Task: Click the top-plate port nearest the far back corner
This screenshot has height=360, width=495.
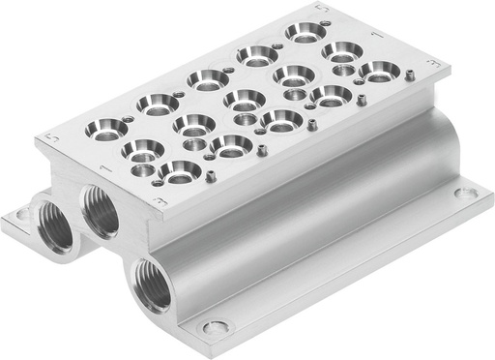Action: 303,32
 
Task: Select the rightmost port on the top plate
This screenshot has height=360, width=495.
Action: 377,70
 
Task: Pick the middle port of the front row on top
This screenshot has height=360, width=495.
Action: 280,119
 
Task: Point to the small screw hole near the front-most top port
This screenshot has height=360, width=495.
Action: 210,176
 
